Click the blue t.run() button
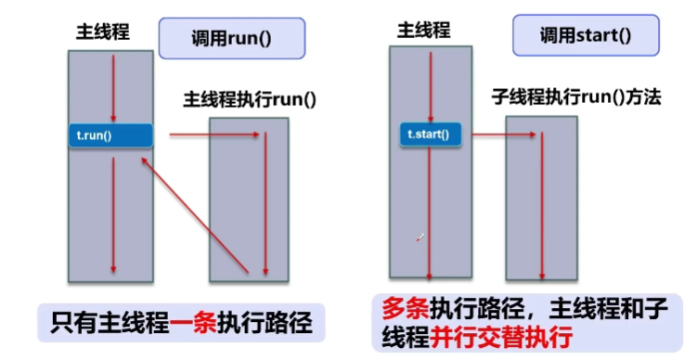[110, 135]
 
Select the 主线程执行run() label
[250, 98]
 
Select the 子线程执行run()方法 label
[576, 98]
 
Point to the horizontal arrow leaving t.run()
[213, 135]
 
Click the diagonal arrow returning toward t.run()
[195, 214]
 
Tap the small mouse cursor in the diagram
[420, 238]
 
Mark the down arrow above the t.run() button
[113, 88]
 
